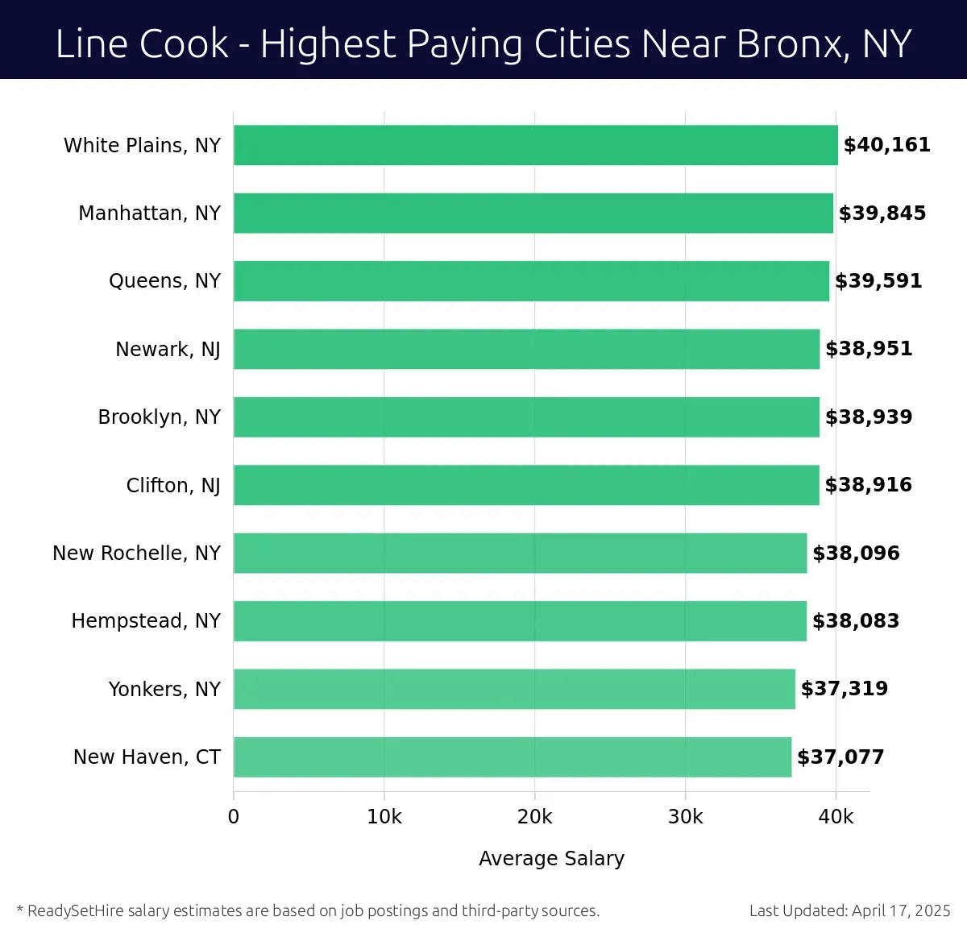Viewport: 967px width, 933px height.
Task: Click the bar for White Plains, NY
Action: tap(535, 145)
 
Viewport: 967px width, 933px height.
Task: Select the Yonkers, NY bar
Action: tap(514, 689)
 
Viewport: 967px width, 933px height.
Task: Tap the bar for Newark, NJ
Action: tap(526, 349)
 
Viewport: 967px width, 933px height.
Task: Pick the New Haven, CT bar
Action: tap(513, 757)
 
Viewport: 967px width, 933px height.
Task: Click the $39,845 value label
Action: tap(882, 214)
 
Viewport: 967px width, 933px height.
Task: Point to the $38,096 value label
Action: tap(856, 554)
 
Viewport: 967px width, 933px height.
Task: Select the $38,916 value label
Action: tap(869, 485)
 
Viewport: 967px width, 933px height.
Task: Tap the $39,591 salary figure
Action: tap(878, 281)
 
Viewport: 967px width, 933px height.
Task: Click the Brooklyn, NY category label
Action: tap(159, 417)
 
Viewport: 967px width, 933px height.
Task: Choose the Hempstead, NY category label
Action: tap(146, 621)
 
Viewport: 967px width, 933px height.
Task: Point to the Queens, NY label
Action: tap(164, 281)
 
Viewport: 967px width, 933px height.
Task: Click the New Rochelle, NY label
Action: tap(136, 554)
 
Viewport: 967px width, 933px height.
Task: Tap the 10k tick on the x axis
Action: tap(384, 817)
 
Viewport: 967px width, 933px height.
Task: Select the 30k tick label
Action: tap(685, 817)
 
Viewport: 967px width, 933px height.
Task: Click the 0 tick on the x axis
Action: tap(234, 817)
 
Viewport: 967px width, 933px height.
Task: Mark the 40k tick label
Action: tap(836, 817)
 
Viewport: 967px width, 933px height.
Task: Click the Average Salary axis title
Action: tap(551, 859)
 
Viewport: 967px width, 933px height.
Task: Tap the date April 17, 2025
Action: tap(901, 911)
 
